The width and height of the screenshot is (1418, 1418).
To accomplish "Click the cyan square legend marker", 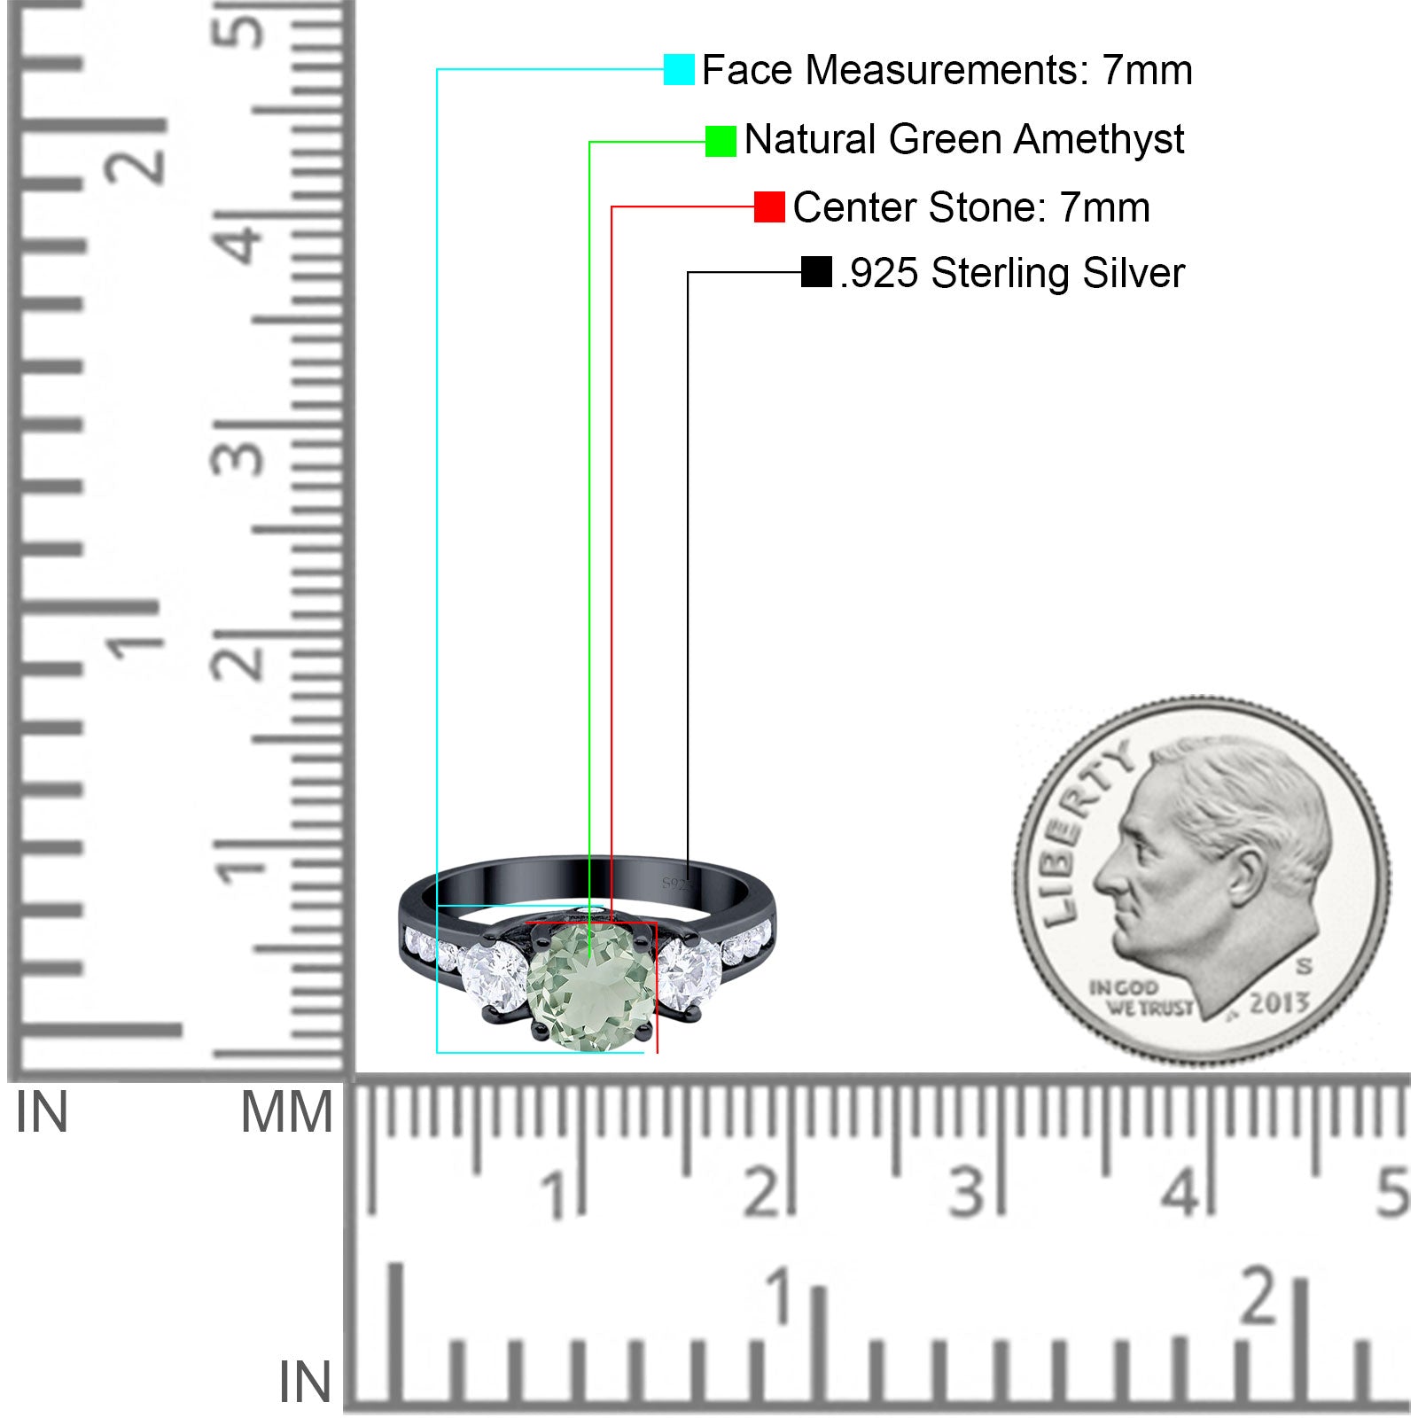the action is point(679,69).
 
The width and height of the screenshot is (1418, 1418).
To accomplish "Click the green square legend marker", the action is point(721,141).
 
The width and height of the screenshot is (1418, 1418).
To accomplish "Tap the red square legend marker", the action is point(769,207).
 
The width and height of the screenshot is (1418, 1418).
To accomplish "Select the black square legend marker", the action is point(816,272).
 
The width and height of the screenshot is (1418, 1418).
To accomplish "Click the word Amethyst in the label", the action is point(1099,140).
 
